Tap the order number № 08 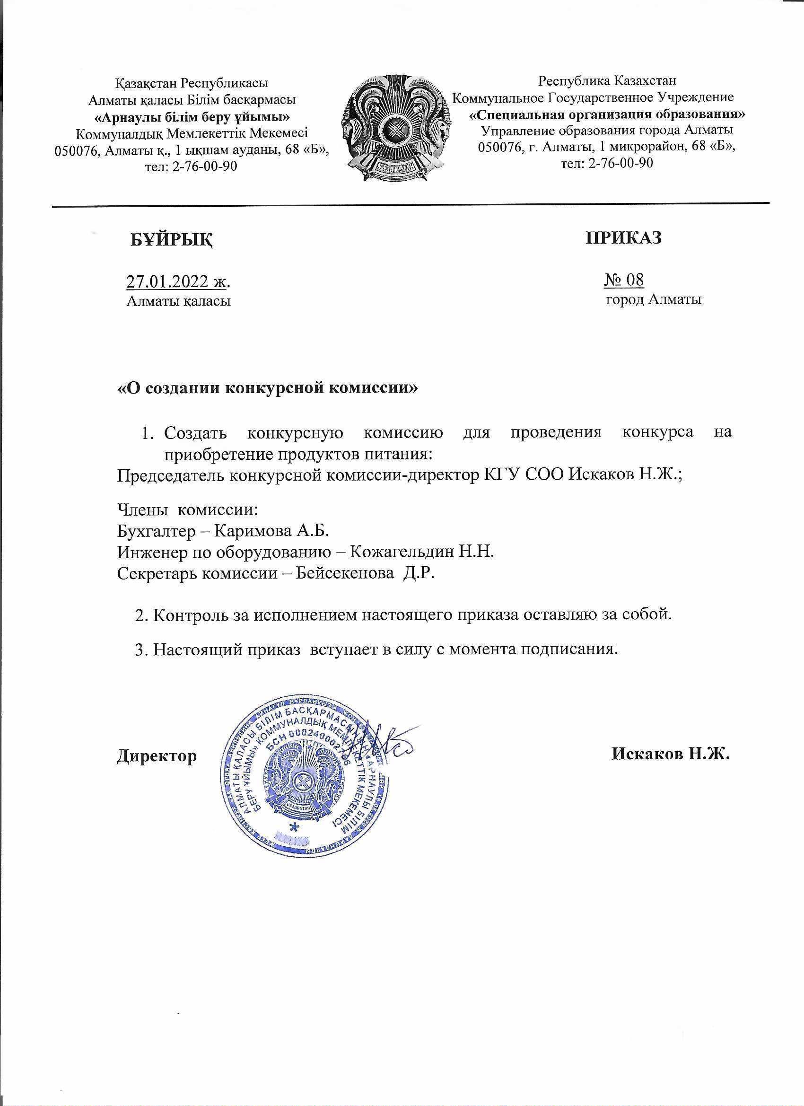624,280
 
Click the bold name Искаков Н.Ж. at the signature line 671,755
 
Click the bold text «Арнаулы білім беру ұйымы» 192,117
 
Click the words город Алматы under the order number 653,299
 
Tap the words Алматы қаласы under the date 178,301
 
